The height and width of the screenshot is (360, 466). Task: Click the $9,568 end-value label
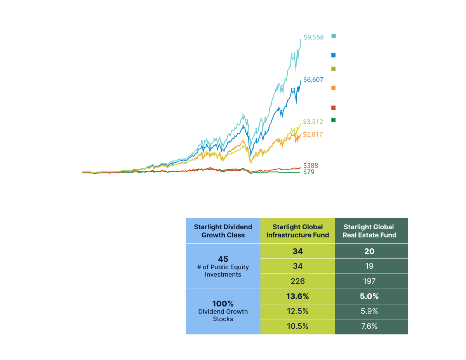tap(313, 38)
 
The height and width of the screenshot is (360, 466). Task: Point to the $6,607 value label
tap(313, 80)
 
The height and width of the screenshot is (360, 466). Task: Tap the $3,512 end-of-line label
tap(313, 122)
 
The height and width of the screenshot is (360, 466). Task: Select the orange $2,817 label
tap(313, 135)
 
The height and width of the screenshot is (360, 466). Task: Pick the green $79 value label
tap(309, 171)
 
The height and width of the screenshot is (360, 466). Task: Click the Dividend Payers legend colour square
tap(334, 56)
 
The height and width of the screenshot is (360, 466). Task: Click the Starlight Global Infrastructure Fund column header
tap(297, 231)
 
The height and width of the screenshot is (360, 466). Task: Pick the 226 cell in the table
tap(297, 281)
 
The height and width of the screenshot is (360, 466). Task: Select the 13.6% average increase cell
tap(297, 296)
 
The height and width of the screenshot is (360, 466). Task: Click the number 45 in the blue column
tap(223, 259)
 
